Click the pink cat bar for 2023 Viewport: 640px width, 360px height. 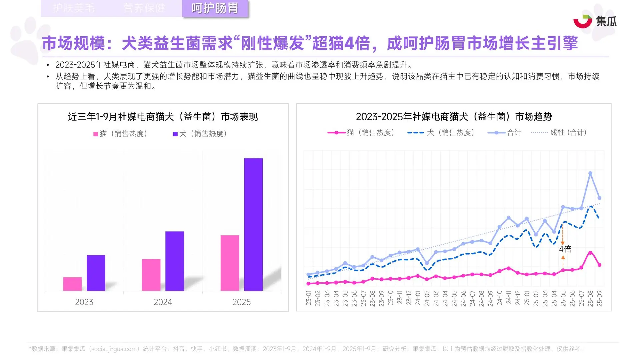[x=72, y=284]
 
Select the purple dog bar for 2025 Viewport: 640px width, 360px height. [x=253, y=224]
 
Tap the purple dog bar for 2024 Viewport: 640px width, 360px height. [x=174, y=261]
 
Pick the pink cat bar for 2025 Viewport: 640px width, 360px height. [x=230, y=263]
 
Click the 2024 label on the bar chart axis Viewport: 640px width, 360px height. [x=163, y=302]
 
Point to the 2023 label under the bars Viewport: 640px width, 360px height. [x=84, y=302]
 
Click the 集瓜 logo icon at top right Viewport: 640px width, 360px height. [x=582, y=21]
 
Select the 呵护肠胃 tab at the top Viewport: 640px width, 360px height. [x=215, y=8]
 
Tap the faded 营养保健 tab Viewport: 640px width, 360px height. [x=144, y=8]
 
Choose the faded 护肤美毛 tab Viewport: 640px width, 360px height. [x=74, y=8]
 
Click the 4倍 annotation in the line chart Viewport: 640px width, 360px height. [x=565, y=249]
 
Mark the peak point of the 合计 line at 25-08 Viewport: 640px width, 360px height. [x=590, y=173]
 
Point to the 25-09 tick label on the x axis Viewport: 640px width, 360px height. [x=599, y=298]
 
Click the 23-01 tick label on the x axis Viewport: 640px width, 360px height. [x=308, y=298]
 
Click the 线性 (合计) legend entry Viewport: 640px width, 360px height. [x=559, y=133]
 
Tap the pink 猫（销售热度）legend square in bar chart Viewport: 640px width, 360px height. [x=96, y=134]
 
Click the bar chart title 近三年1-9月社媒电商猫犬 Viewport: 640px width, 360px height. [x=163, y=117]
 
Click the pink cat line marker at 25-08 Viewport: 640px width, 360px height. [x=590, y=253]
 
